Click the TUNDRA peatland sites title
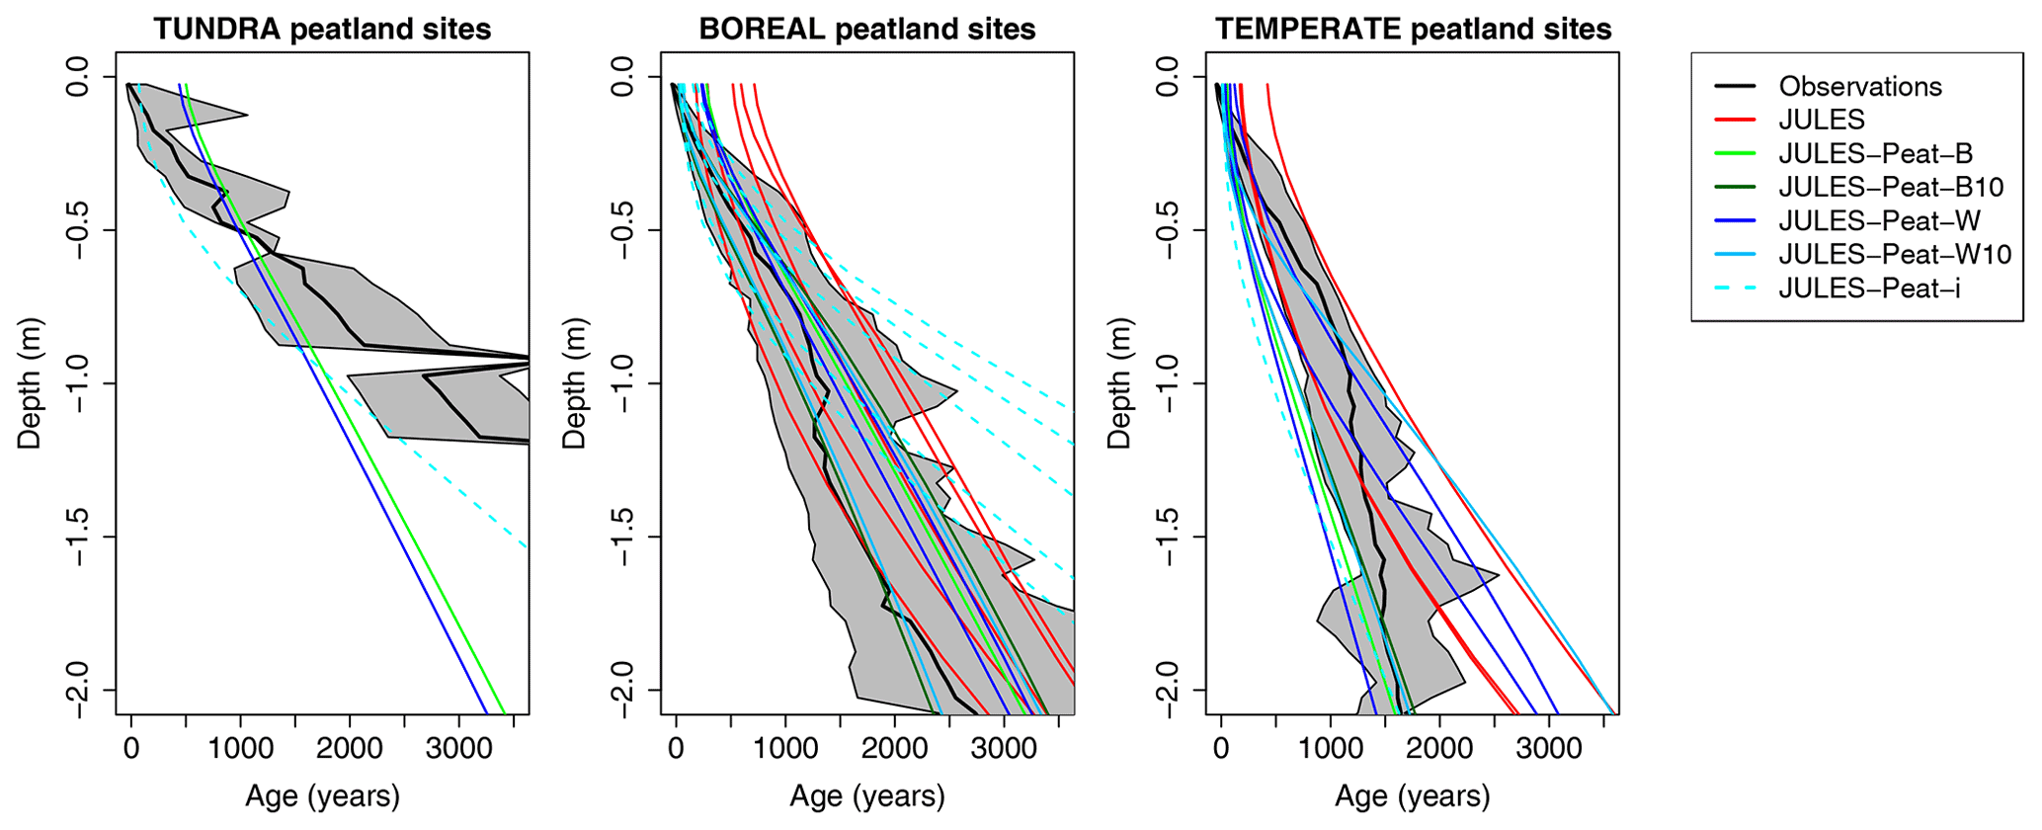[x=322, y=29]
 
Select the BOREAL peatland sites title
[x=866, y=29]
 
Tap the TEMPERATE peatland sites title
[x=1413, y=29]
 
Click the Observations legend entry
[x=1860, y=87]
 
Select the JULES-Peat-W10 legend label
[x=1895, y=255]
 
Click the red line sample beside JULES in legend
[x=1735, y=121]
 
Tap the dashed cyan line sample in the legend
[x=1735, y=289]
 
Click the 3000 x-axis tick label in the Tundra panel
[x=458, y=749]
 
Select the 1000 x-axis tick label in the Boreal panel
[x=785, y=749]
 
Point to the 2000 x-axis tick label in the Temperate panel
[x=1439, y=749]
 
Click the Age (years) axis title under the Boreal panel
[x=866, y=796]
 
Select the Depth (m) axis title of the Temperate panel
[x=1119, y=383]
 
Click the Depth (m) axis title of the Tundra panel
[x=30, y=383]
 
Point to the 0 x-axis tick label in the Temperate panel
[x=1221, y=749]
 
